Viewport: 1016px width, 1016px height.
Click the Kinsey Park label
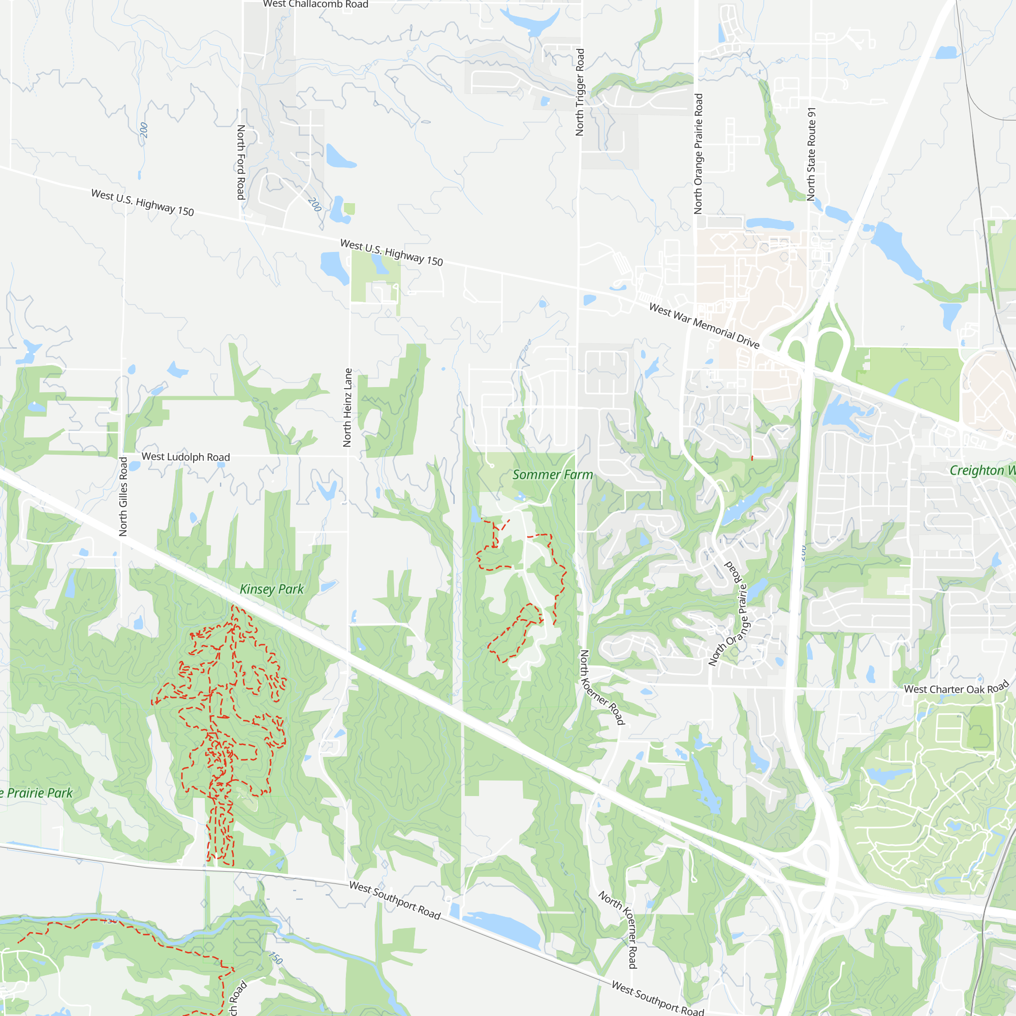tap(271, 589)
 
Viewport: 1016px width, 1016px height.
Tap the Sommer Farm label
tap(552, 475)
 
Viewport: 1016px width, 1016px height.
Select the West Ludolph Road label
tap(185, 457)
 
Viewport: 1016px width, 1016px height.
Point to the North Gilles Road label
tap(123, 496)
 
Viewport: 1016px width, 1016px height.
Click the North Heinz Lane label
tap(347, 407)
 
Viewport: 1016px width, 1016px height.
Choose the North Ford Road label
tap(241, 162)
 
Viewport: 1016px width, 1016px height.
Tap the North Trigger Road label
tap(580, 92)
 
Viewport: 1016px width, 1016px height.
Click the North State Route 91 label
tap(811, 154)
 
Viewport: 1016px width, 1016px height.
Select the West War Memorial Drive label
tap(704, 326)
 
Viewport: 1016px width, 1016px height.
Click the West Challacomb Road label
tap(315, 4)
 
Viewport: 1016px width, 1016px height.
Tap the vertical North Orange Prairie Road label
tap(698, 153)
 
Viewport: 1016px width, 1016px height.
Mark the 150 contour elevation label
tap(275, 958)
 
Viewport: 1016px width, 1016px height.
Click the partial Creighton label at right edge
tap(981, 471)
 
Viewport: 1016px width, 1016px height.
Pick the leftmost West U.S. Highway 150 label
tap(143, 203)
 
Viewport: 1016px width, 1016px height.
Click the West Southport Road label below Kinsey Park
tap(394, 900)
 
